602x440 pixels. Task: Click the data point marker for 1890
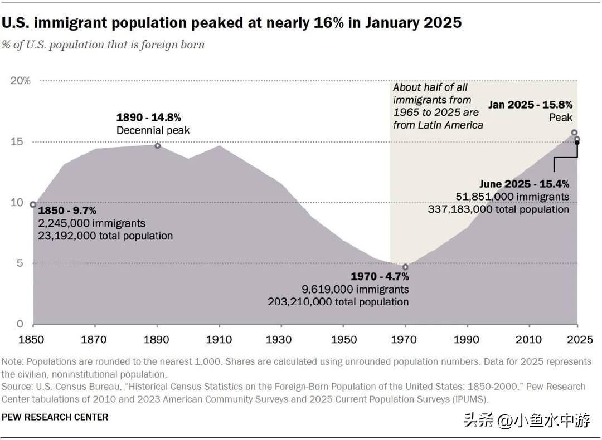point(158,146)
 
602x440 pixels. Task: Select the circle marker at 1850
point(33,204)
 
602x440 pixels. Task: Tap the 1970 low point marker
point(405,267)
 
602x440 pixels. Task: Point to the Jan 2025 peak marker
point(574,133)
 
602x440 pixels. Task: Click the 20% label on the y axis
point(21,81)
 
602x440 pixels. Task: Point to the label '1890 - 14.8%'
point(148,118)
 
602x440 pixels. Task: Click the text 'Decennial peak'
point(153,130)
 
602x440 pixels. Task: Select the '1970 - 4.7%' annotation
point(380,277)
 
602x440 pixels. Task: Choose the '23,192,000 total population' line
point(105,236)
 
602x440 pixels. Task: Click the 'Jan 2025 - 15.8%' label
point(530,104)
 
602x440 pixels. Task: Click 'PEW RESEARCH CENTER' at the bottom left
point(55,417)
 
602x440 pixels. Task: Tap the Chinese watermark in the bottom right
point(526,421)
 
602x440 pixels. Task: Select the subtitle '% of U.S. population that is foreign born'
point(103,45)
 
